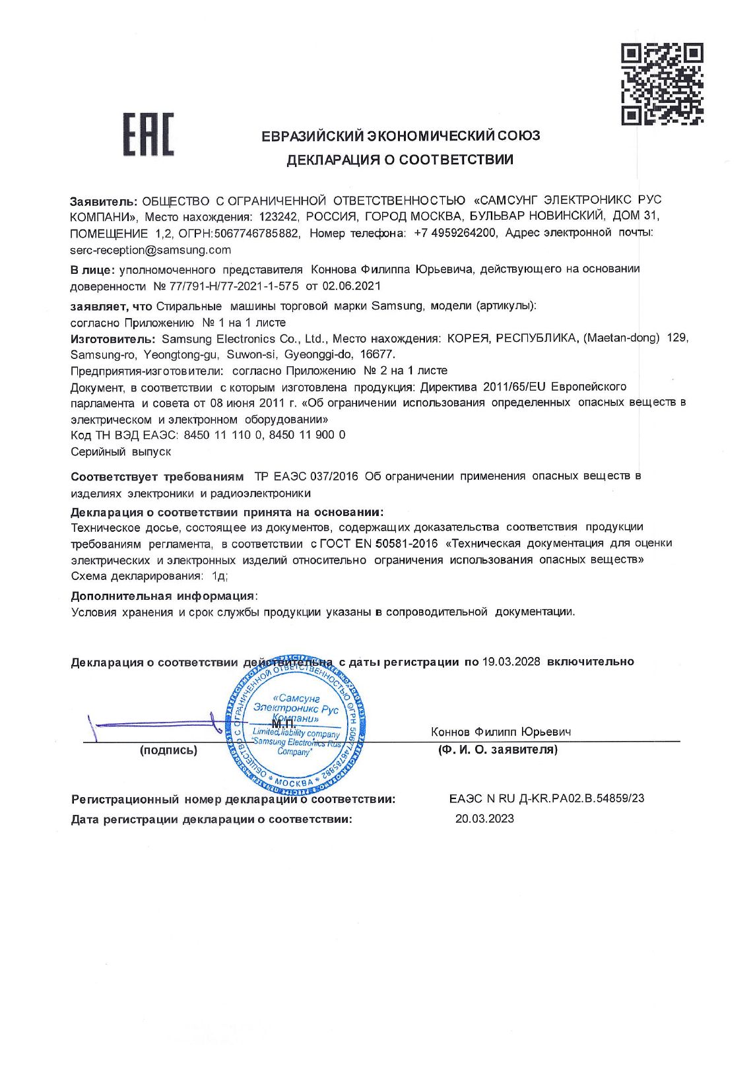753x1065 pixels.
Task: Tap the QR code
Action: (x=662, y=84)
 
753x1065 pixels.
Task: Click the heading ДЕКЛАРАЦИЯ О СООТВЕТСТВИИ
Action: (x=399, y=160)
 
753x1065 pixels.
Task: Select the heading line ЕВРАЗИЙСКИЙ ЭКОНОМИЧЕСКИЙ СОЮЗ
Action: (x=401, y=136)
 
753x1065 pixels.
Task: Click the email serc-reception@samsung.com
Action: (x=150, y=250)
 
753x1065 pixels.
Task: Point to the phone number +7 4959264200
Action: (x=455, y=233)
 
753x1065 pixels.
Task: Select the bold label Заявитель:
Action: (x=104, y=200)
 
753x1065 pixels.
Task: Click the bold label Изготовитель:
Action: (x=113, y=339)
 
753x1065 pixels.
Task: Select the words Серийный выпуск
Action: (x=121, y=452)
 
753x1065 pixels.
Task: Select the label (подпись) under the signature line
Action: (x=168, y=750)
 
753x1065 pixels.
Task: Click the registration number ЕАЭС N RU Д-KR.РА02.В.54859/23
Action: (x=546, y=798)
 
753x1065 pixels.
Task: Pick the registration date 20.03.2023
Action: (x=484, y=820)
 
